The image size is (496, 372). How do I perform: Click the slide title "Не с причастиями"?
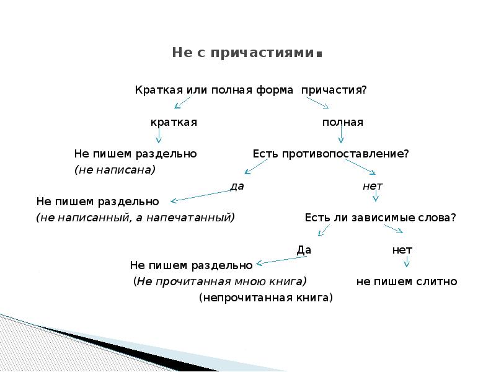pyautogui.click(x=246, y=53)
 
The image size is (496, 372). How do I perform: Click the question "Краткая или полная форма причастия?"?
pyautogui.click(x=251, y=90)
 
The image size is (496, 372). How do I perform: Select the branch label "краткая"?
pyautogui.click(x=174, y=122)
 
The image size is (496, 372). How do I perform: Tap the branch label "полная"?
pyautogui.click(x=342, y=122)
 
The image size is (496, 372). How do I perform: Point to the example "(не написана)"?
pyautogui.click(x=115, y=169)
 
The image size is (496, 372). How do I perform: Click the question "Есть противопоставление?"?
pyautogui.click(x=330, y=154)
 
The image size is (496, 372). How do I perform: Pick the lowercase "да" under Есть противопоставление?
pyautogui.click(x=236, y=185)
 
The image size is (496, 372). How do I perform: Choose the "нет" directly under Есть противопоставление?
pyautogui.click(x=373, y=185)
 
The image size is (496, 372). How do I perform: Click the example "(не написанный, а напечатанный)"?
pyautogui.click(x=136, y=218)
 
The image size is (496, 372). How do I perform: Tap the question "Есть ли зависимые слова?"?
pyautogui.click(x=381, y=218)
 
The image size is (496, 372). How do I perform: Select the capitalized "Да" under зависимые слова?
pyautogui.click(x=304, y=250)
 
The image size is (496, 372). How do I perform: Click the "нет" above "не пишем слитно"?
pyautogui.click(x=402, y=250)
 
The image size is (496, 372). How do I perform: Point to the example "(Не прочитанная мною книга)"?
pyautogui.click(x=220, y=281)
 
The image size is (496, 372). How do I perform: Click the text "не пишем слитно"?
pyautogui.click(x=407, y=281)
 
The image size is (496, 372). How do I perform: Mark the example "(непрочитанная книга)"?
pyautogui.click(x=266, y=298)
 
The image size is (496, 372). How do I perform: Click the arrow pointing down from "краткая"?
pyautogui.click(x=159, y=135)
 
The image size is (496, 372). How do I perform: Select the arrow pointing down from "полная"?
pyautogui.click(x=340, y=136)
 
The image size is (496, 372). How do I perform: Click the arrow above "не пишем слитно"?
pyautogui.click(x=406, y=263)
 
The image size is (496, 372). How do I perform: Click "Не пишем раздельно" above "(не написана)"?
pyautogui.click(x=136, y=154)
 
